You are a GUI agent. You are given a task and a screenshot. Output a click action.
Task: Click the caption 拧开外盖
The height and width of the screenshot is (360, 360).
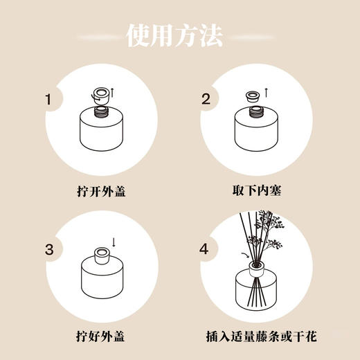pyautogui.click(x=102, y=188)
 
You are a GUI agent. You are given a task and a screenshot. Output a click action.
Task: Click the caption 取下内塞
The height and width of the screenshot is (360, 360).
pyautogui.click(x=257, y=188)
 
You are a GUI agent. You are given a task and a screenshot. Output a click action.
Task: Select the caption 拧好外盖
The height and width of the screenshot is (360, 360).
pyautogui.click(x=102, y=336)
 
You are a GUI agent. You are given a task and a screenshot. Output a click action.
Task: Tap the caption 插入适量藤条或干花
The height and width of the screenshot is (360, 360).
pyautogui.click(x=257, y=336)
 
